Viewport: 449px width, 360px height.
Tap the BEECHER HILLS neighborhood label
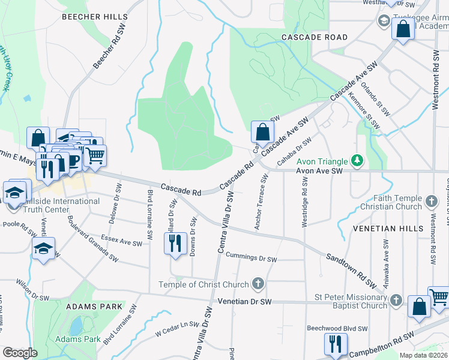(95, 17)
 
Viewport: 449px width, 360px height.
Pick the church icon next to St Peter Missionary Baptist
(396, 301)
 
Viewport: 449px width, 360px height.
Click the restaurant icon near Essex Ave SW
(175, 244)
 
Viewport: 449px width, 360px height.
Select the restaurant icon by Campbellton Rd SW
(335, 344)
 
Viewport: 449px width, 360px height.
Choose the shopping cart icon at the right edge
(439, 296)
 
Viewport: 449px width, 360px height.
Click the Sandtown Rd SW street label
(351, 268)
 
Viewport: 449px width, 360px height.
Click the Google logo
(20, 353)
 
